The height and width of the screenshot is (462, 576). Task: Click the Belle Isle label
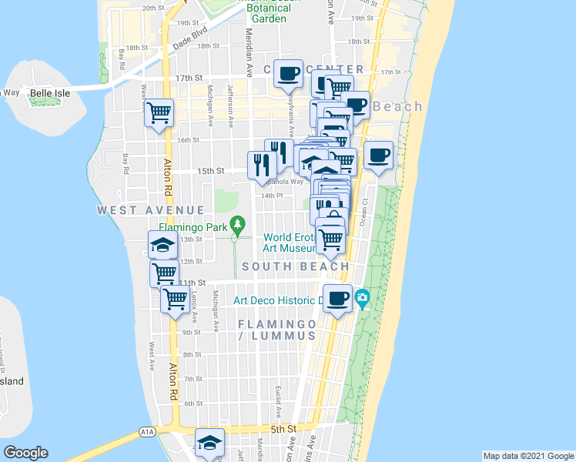pyautogui.click(x=50, y=93)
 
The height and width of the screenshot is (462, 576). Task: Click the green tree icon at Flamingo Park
pyautogui.click(x=239, y=225)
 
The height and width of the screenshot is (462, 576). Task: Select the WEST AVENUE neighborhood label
pyautogui.click(x=151, y=210)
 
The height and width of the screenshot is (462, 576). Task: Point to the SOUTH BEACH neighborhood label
pyautogui.click(x=296, y=266)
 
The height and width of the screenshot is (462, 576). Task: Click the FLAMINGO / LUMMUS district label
pyautogui.click(x=276, y=330)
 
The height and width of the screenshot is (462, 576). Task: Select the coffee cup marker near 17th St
pyautogui.click(x=288, y=73)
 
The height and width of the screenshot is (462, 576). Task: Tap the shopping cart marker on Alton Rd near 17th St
pyautogui.click(x=159, y=113)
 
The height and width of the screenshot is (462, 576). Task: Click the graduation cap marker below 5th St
pyautogui.click(x=209, y=441)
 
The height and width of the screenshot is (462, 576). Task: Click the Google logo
pyautogui.click(x=25, y=453)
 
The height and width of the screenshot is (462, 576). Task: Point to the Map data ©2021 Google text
pyautogui.click(x=527, y=456)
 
